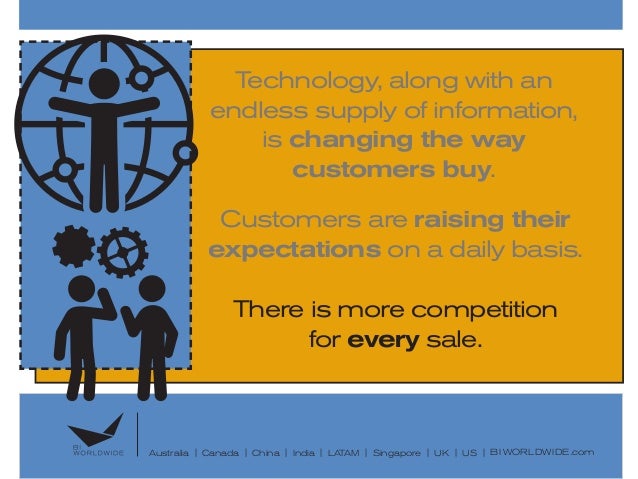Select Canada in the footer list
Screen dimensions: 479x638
[220, 454]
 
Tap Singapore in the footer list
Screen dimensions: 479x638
[397, 454]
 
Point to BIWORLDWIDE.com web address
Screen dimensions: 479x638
[542, 453]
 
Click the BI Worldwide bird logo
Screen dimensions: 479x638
[100, 430]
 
